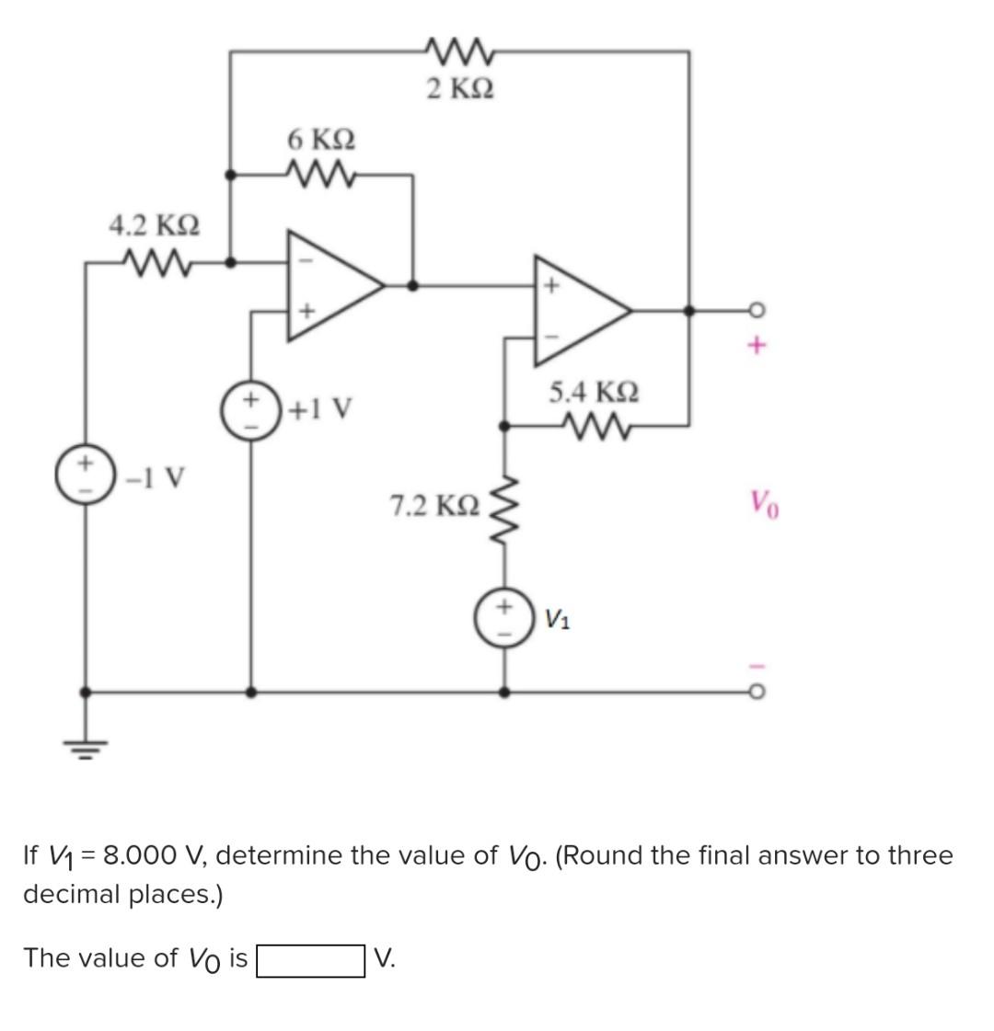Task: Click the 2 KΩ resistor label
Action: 460,89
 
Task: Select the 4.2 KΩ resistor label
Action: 155,224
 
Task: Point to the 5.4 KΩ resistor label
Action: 594,392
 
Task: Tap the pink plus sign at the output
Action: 757,347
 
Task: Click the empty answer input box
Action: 309,959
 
